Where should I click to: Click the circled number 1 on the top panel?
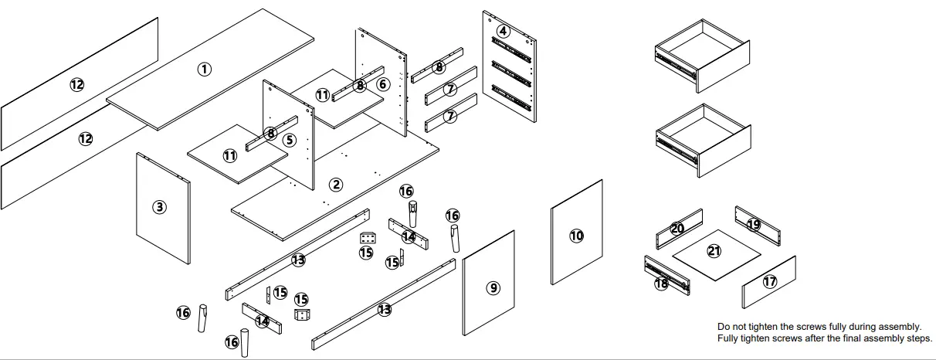click(x=204, y=69)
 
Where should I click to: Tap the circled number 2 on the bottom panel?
click(x=336, y=184)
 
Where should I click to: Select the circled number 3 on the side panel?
click(x=159, y=207)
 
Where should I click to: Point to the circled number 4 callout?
click(x=504, y=32)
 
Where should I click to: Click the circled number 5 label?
click(x=289, y=141)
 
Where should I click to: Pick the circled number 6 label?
click(x=383, y=84)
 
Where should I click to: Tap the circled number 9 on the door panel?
click(x=493, y=288)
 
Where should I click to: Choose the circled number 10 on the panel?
click(x=577, y=236)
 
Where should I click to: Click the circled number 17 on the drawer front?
click(x=770, y=282)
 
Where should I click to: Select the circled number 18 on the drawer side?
click(x=661, y=284)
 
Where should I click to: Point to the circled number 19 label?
click(x=754, y=225)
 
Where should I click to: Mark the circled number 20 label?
click(x=677, y=229)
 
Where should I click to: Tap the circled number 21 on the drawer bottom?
click(x=714, y=251)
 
